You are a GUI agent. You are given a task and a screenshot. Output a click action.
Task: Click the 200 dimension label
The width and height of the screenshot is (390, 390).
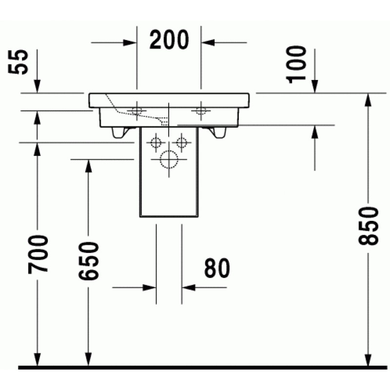[169, 40]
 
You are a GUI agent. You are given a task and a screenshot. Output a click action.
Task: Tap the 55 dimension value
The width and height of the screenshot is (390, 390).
[18, 62]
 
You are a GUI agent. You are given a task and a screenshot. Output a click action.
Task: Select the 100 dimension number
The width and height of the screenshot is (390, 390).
[296, 64]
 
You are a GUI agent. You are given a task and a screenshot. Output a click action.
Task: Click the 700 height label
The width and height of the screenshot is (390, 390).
[38, 254]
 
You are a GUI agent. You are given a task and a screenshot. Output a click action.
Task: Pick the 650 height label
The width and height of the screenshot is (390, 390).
[89, 261]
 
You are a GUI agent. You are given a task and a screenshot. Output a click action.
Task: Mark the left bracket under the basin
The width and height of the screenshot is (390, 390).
[120, 133]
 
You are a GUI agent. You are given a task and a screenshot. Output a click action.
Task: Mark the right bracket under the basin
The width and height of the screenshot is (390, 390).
[217, 133]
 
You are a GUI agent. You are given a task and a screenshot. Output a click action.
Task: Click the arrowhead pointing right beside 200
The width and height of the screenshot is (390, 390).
[130, 42]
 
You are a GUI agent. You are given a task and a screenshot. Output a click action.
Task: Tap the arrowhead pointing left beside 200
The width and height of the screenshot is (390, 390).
[208, 42]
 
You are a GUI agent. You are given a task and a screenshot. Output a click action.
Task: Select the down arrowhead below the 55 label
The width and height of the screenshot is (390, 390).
[37, 86]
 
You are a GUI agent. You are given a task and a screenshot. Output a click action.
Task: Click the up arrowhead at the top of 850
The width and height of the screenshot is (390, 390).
[368, 100]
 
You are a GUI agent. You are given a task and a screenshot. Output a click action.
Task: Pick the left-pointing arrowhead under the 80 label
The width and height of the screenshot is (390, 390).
[189, 288]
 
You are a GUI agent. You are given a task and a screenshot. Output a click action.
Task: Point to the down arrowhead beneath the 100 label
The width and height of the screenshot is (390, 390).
[314, 86]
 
